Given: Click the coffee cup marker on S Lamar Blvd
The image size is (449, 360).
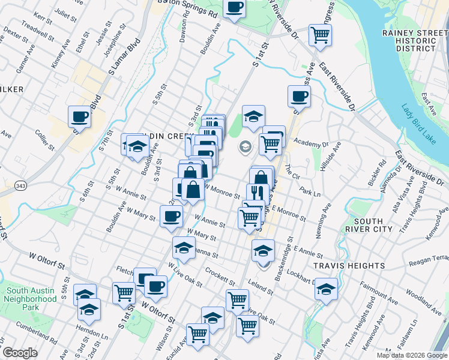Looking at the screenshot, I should [x=79, y=116].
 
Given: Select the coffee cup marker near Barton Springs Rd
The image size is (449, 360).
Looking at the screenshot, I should [x=235, y=8].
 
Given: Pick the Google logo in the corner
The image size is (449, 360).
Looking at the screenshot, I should [x=20, y=353].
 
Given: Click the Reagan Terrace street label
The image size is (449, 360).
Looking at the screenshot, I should [x=427, y=259].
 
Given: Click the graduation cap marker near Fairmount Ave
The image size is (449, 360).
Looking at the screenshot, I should [x=326, y=289].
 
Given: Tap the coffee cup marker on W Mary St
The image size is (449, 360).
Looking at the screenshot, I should [x=171, y=215].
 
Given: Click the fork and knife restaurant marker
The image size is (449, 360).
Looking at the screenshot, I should [x=256, y=193].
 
